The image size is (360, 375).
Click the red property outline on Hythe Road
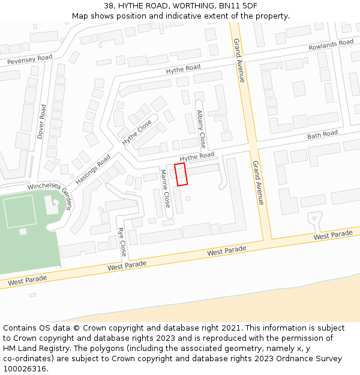coord(181,174)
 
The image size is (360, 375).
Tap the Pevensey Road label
coord(29,59)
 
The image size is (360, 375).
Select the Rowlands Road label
coord(331,45)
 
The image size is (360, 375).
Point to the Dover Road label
coord(41,122)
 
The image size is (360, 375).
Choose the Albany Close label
coord(202,129)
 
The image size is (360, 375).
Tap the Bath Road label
coord(322,135)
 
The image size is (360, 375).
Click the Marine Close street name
coord(166,188)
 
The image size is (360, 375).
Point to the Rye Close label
coord(122,241)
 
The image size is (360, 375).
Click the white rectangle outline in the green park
coord(20,211)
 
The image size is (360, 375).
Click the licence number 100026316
coord(24,369)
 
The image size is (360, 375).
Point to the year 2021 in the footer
coord(232,328)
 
